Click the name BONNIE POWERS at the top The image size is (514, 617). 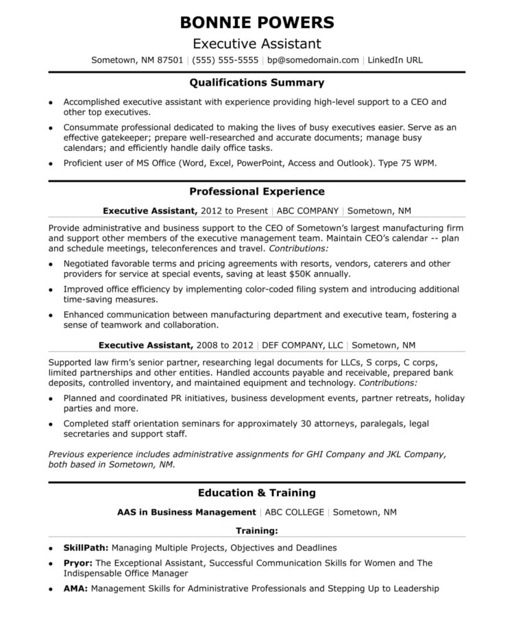point(257,22)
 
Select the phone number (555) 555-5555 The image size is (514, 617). point(225,60)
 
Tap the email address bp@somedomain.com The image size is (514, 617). point(313,60)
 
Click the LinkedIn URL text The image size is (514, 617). point(395,60)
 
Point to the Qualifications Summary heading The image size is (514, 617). point(257,83)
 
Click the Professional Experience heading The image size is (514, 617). point(257,192)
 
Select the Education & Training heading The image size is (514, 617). point(257,493)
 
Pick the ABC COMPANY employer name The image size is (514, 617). point(306,211)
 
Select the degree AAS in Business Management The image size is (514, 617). point(186,512)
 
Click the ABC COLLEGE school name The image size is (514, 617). point(293,512)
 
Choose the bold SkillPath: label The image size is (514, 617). point(86,548)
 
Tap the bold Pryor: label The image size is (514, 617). point(78,564)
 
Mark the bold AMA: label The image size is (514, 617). point(75,588)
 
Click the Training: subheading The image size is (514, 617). point(257,531)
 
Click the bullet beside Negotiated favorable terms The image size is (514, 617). point(51,264)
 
